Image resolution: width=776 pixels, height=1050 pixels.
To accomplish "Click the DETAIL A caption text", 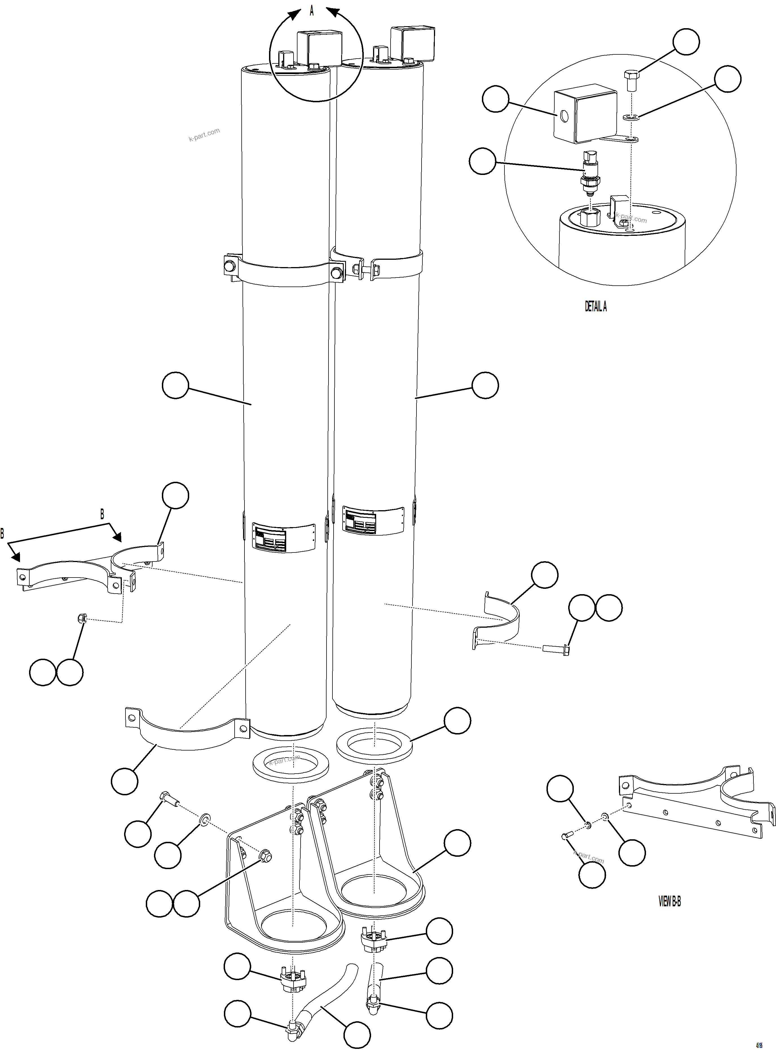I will (596, 307).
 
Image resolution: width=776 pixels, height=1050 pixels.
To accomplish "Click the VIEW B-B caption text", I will (669, 901).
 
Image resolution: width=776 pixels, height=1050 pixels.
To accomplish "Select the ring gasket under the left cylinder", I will (290, 764).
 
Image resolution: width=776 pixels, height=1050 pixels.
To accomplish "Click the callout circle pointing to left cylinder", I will (175, 385).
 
